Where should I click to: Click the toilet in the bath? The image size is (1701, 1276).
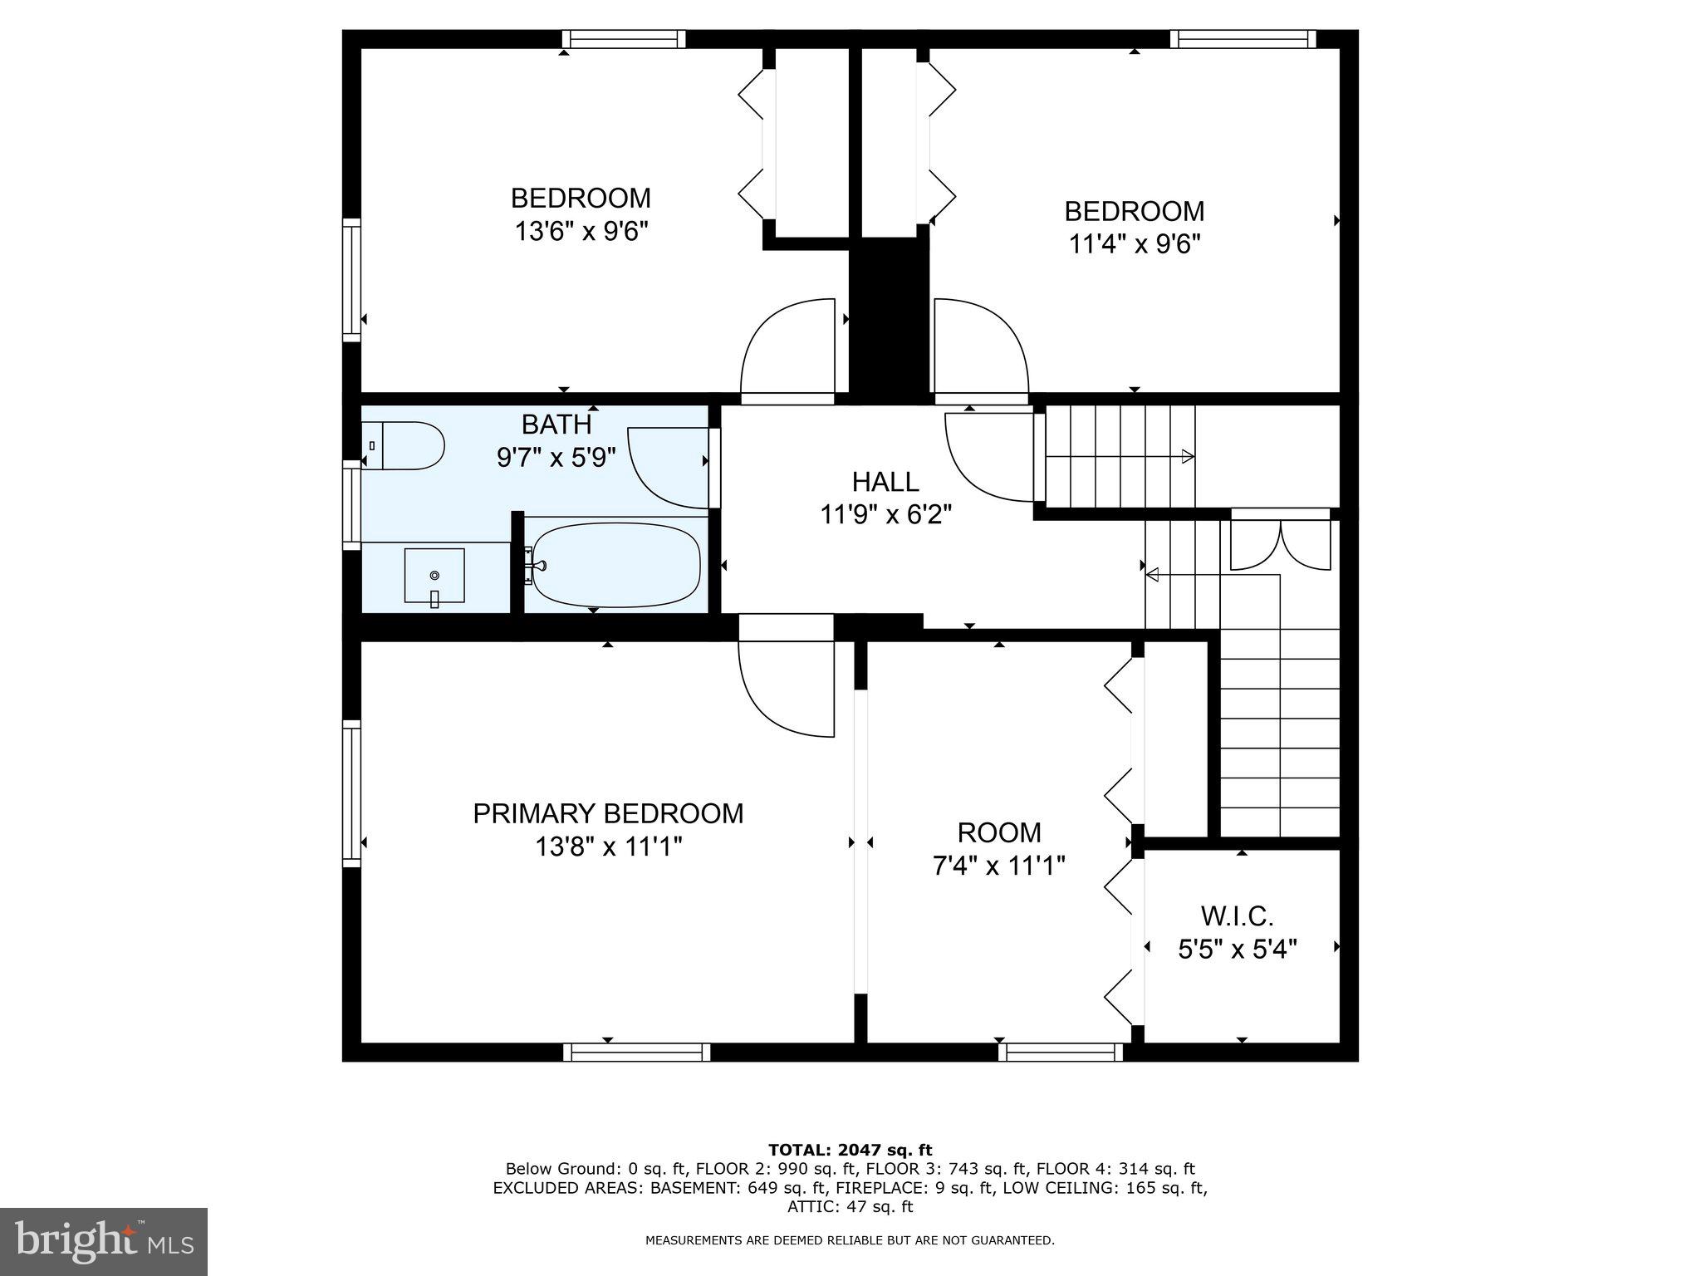pyautogui.click(x=404, y=446)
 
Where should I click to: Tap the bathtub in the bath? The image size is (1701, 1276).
pyautogui.click(x=616, y=565)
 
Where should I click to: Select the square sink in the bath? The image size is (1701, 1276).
pyautogui.click(x=434, y=575)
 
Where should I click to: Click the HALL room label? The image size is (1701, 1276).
pyautogui.click(x=885, y=482)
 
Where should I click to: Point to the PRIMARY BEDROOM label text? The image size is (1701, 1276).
pyautogui.click(x=608, y=813)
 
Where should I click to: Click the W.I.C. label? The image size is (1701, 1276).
pyautogui.click(x=1237, y=916)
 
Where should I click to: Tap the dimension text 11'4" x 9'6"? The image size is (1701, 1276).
pyautogui.click(x=1134, y=244)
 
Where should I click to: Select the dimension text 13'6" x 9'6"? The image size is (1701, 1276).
pyautogui.click(x=581, y=231)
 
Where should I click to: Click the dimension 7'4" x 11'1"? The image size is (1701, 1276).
pyautogui.click(x=998, y=866)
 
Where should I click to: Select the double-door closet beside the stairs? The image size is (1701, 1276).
pyautogui.click(x=1280, y=544)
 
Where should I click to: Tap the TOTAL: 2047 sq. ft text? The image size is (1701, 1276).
pyautogui.click(x=850, y=1150)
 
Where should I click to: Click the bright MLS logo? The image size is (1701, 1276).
pyautogui.click(x=104, y=1241)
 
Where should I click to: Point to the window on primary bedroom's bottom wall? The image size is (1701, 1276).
pyautogui.click(x=637, y=1053)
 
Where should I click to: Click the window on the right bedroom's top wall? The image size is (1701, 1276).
pyautogui.click(x=1243, y=39)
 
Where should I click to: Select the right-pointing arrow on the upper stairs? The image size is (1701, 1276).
pyautogui.click(x=1188, y=456)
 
